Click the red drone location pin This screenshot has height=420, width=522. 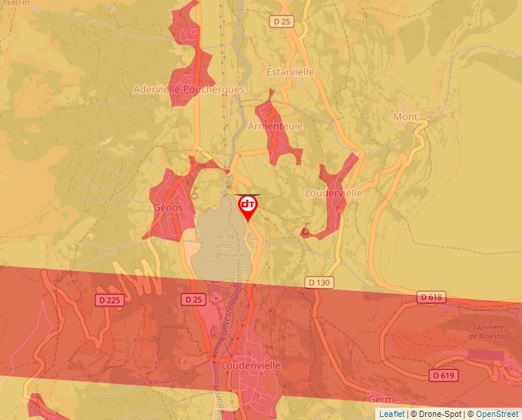[x=248, y=206]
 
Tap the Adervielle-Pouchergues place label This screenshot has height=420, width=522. [x=189, y=89]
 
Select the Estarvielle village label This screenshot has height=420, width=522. [x=289, y=71]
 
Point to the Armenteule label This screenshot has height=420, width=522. [x=276, y=126]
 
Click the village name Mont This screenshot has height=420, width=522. [x=405, y=117]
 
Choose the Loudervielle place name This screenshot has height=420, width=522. [x=333, y=193]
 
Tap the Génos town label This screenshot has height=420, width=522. [x=167, y=207]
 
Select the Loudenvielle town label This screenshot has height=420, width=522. [x=250, y=365]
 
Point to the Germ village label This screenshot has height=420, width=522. [x=381, y=400]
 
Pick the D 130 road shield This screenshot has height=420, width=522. [x=319, y=283]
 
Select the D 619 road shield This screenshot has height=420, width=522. [x=443, y=375]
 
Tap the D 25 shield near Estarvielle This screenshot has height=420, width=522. [x=282, y=21]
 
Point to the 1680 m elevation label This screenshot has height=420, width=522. [x=16, y=3]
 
